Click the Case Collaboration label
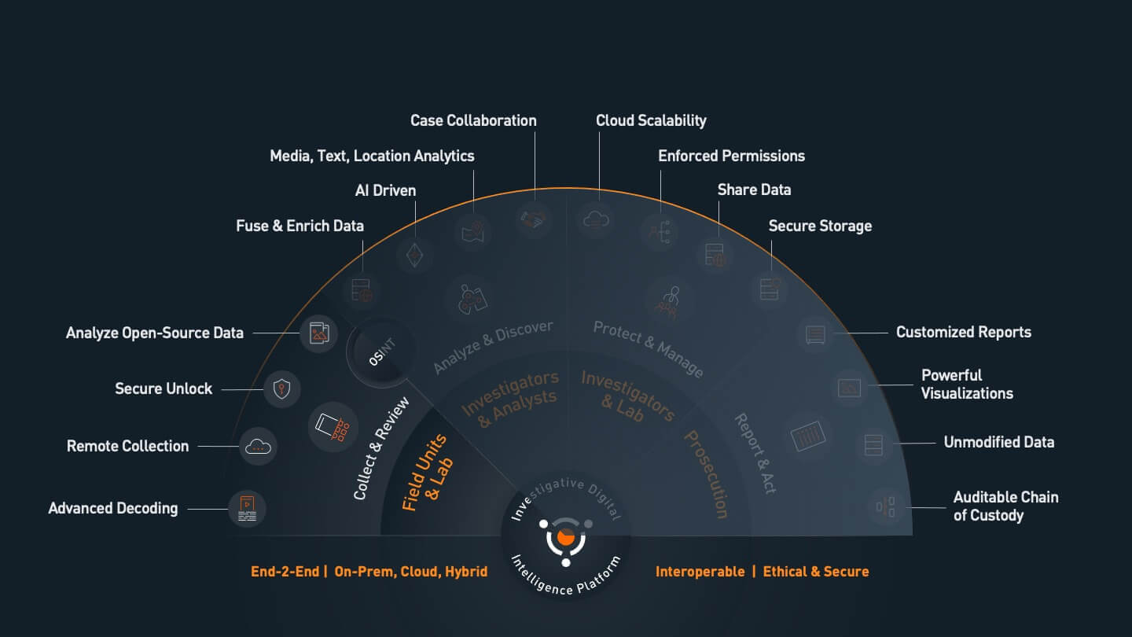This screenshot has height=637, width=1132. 473,121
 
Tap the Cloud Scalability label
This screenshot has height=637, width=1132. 651,121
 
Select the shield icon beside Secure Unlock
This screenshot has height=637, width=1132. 281,388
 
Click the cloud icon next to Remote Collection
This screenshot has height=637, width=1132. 258,447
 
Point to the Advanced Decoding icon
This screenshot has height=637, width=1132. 247,509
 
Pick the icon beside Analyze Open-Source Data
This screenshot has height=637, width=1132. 319,333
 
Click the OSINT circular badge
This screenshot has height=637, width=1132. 381,352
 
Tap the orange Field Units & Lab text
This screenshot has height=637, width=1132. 428,473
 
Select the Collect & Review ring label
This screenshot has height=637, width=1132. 381,448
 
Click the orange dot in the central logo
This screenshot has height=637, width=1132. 565,537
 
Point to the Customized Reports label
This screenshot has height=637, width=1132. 963,333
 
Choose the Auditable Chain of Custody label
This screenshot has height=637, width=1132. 1005,506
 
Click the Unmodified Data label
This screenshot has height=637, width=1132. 999,442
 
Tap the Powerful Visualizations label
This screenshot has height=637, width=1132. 967,385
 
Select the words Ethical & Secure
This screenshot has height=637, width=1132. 816,572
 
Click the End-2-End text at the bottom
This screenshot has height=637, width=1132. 285,572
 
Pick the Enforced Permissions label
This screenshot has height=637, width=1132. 731,156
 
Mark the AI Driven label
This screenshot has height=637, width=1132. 385,190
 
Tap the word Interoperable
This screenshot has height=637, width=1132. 700,572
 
